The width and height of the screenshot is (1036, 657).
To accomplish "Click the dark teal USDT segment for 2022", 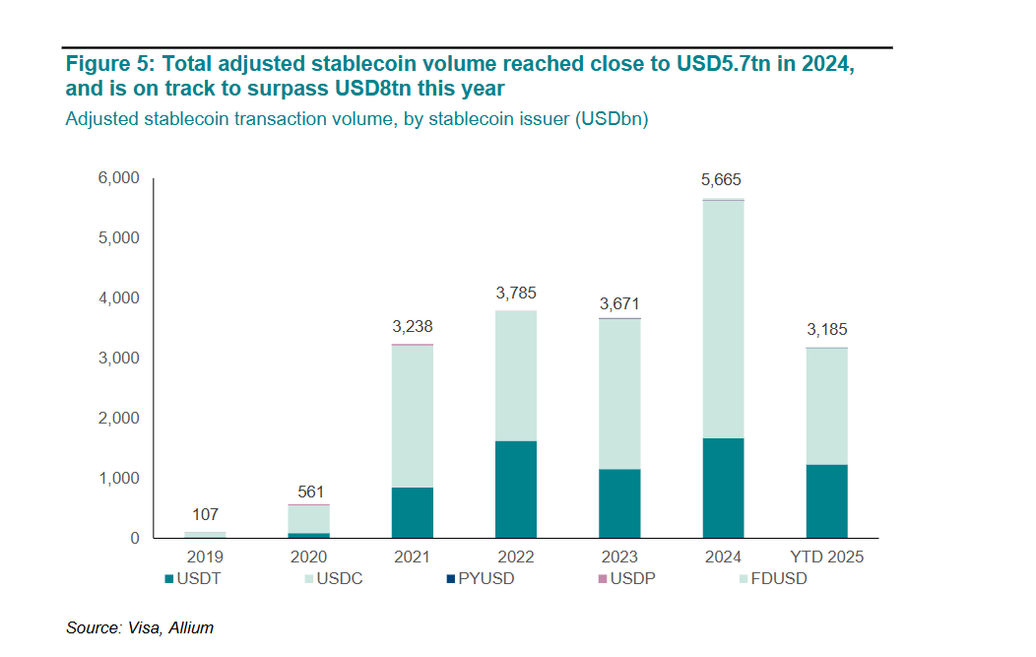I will coord(516,489).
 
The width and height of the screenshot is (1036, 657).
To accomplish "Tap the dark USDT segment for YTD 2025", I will coord(825,500).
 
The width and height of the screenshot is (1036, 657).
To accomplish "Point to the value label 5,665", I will coord(721,180).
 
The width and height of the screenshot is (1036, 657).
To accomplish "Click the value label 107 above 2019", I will coord(205,514).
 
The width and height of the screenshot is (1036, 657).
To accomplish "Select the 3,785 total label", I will coord(516,293).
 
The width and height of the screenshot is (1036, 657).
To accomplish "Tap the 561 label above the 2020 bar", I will coord(310,492).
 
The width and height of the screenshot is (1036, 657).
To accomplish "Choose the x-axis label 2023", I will coord(618,558).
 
